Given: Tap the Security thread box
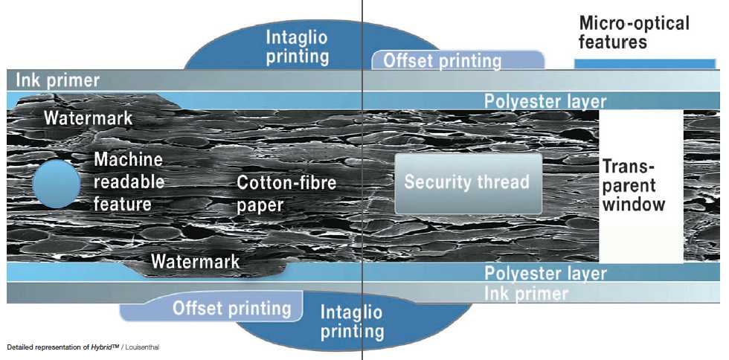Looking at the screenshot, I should (467, 183).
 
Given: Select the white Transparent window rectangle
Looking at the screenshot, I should (640, 186).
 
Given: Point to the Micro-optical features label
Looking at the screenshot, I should (634, 32).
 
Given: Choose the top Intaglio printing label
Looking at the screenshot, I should (298, 45).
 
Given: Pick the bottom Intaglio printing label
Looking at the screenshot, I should (352, 321).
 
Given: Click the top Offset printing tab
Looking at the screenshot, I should (442, 60).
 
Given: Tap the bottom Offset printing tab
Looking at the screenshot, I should (231, 307).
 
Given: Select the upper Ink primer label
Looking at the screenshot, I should (54, 80).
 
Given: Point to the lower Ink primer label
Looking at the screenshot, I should (527, 293).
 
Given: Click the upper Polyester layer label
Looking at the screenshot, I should (545, 101).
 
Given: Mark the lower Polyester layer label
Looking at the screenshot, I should (545, 273).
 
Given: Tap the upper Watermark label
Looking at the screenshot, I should (88, 118).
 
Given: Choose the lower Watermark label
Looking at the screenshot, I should (195, 261).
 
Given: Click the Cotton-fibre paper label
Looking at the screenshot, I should (286, 193).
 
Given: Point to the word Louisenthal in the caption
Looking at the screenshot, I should (141, 347).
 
